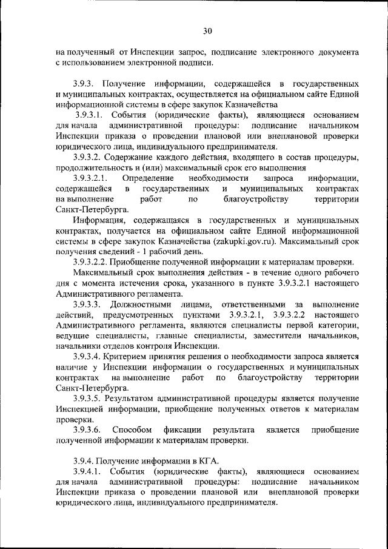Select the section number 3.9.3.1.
click(93, 115)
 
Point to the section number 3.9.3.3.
click(91, 303)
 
